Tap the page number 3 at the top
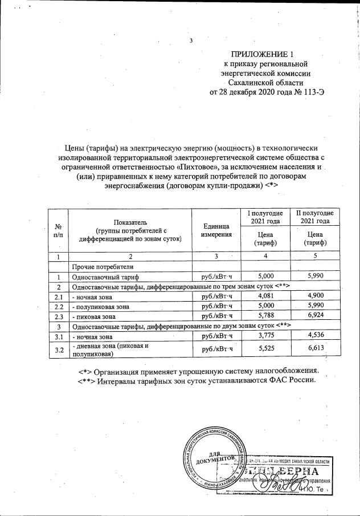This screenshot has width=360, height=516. click(191, 40)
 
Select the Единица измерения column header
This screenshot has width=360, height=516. click(216, 230)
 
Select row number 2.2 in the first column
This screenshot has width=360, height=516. click(58, 306)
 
